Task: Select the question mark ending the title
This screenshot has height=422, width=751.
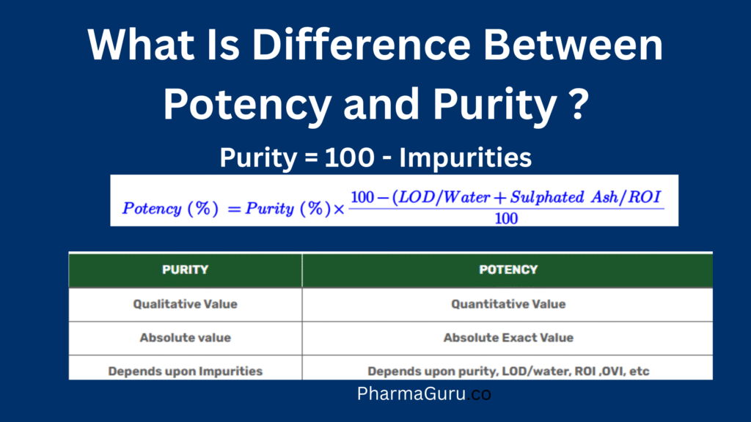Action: [x=576, y=104]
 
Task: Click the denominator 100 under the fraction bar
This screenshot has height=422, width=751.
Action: [x=505, y=218]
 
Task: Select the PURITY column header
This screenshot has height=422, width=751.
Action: [x=185, y=270]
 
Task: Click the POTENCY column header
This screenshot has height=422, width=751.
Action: [x=508, y=270]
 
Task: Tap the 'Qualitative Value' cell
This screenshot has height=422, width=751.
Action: [x=185, y=304]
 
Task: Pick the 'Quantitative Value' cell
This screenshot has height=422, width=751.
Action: [x=508, y=304]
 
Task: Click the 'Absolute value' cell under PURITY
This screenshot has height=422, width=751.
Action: [x=185, y=338]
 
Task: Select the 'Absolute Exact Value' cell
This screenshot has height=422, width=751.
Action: [x=508, y=338]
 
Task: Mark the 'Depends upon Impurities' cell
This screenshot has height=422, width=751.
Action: [x=185, y=371]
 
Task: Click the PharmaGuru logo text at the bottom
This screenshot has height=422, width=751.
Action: [x=423, y=394]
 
